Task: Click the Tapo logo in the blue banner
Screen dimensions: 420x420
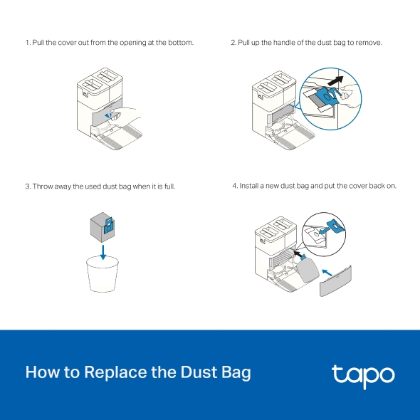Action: (362, 374)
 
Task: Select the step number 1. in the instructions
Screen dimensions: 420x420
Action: (28, 43)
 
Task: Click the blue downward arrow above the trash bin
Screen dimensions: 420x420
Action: (103, 251)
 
